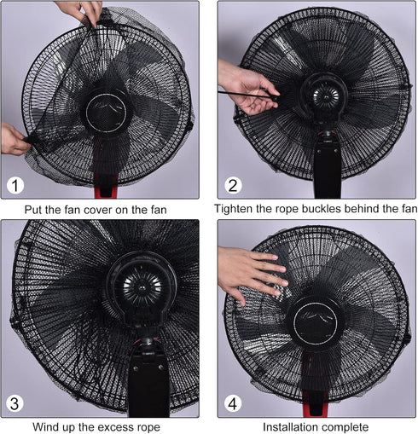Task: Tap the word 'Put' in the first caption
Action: tap(37, 209)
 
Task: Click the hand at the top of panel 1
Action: tap(81, 11)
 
